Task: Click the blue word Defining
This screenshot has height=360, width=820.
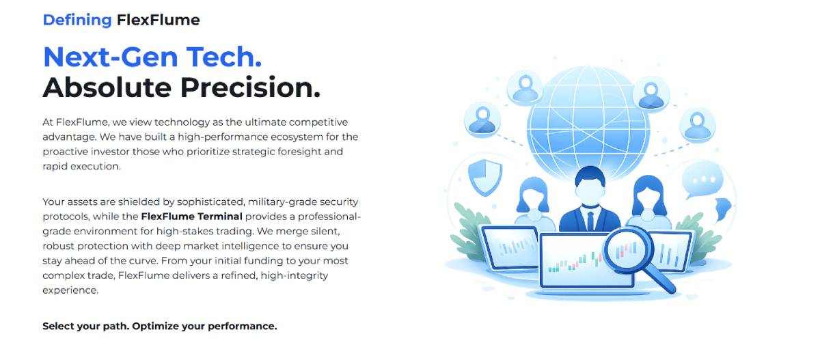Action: (x=77, y=20)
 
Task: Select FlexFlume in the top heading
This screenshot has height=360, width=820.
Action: (x=158, y=20)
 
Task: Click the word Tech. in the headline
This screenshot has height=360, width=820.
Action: (x=224, y=57)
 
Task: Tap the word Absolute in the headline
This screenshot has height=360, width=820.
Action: (x=107, y=88)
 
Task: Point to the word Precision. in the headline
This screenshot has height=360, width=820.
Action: (x=250, y=88)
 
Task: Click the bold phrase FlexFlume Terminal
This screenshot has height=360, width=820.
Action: (x=192, y=217)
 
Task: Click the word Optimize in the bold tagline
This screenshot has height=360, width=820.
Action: (x=155, y=327)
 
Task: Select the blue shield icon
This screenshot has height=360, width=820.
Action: (x=485, y=177)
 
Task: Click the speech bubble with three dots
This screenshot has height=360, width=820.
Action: (x=702, y=180)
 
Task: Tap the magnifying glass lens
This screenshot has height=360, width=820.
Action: (x=625, y=250)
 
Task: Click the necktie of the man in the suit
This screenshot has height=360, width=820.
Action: (x=590, y=221)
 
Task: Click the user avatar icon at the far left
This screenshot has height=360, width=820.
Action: (x=482, y=120)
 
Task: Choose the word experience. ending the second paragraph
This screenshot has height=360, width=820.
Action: (x=70, y=290)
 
